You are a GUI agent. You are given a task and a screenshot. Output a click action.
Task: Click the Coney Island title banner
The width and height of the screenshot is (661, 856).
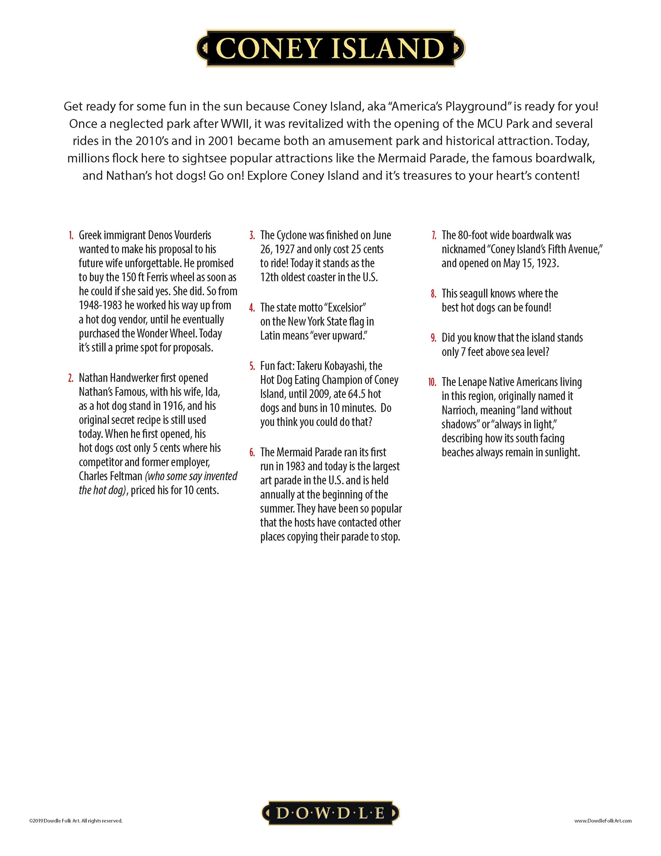pos(330,48)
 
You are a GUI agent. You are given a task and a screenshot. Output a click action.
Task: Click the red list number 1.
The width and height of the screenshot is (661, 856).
pos(71,235)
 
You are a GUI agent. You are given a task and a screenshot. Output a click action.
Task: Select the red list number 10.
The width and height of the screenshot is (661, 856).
pos(432,382)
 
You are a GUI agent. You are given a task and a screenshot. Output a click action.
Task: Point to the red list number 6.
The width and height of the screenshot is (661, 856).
pos(252,453)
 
